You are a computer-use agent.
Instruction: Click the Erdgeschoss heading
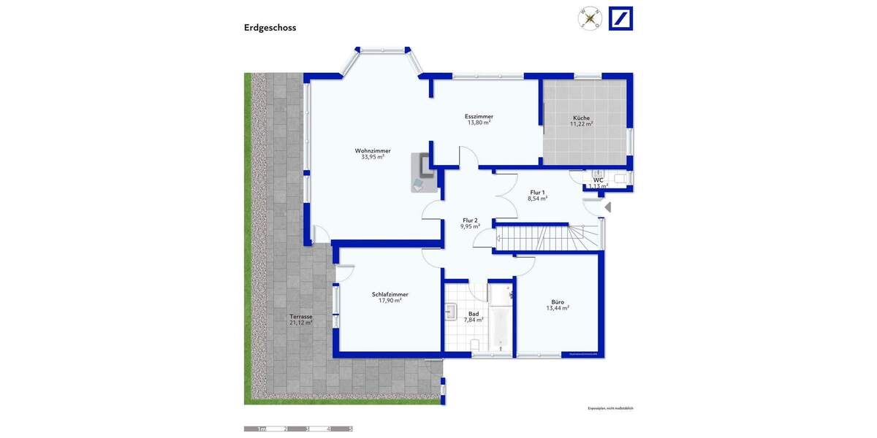point(270,28)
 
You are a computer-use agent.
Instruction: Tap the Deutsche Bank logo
point(620,18)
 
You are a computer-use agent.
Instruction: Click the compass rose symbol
point(590,18)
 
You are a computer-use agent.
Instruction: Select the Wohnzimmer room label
point(373,151)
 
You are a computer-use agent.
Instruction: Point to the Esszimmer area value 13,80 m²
point(479,123)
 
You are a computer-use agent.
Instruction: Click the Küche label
point(581,118)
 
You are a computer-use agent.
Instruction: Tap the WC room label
point(598,180)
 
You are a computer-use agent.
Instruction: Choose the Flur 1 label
point(537,192)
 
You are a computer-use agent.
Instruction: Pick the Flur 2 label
point(470,220)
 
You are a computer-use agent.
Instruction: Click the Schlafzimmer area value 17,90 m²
point(390,301)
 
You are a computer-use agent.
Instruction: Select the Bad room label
point(474,313)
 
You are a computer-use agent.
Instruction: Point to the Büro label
point(557,301)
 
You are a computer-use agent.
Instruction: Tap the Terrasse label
point(300,317)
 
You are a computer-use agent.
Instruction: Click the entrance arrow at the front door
point(608,208)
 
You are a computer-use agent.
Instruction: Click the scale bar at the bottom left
point(298,429)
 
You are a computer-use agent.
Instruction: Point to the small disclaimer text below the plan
point(610,408)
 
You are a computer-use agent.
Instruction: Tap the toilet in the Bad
point(474,344)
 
